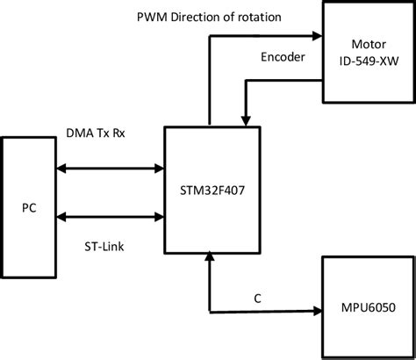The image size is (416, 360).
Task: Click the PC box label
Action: [x=29, y=210]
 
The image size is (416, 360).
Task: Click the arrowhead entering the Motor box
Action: [x=319, y=36]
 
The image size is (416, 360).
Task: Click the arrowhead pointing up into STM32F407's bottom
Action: [x=208, y=257]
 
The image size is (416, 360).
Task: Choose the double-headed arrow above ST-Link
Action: [x=110, y=212]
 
